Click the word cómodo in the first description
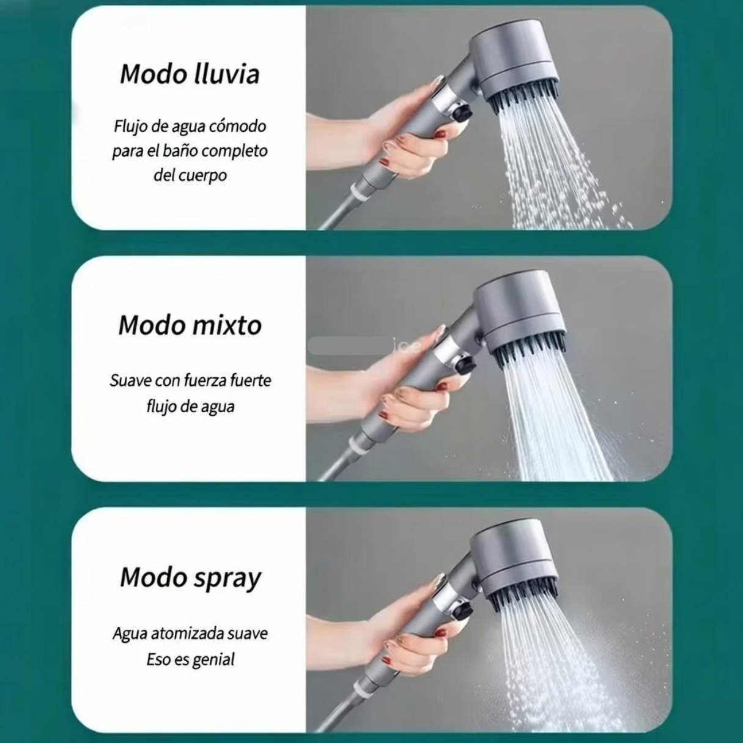click(x=237, y=127)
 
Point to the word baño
click(x=180, y=151)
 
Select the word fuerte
click(x=251, y=380)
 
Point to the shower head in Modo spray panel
click(x=514, y=556)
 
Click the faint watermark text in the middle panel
click(x=407, y=346)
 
